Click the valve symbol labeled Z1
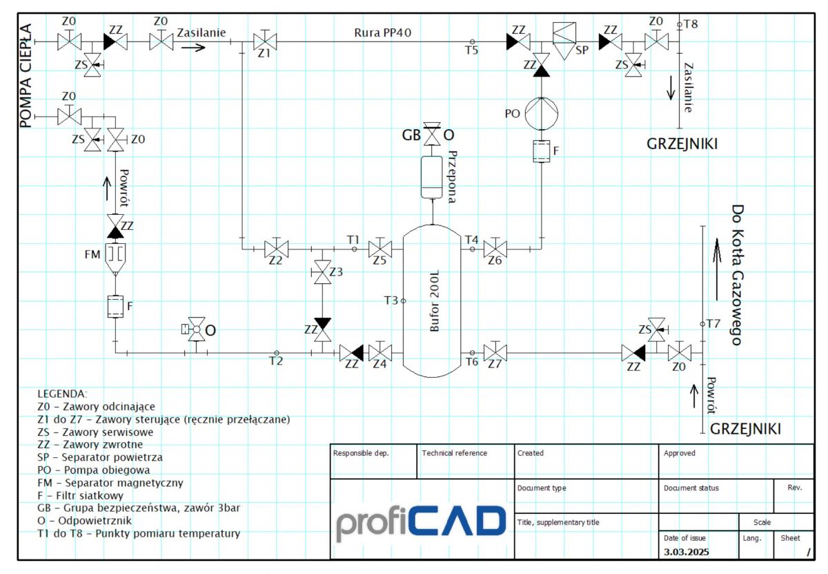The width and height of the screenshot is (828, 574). (265, 41)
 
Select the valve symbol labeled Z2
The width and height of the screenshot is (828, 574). (277, 249)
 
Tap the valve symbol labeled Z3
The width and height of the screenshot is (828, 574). (322, 272)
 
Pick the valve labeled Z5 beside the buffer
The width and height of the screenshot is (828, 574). (380, 249)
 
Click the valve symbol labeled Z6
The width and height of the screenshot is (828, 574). (495, 249)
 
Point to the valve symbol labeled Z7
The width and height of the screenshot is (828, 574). (495, 352)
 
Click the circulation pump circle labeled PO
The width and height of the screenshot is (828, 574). (542, 113)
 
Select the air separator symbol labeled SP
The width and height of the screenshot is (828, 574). (564, 41)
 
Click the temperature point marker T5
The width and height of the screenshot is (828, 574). (472, 42)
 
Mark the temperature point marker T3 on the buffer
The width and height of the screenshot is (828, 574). (403, 301)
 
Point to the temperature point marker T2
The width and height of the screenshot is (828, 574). (277, 353)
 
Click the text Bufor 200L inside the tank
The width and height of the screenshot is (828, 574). (434, 300)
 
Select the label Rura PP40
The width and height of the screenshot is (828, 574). (382, 32)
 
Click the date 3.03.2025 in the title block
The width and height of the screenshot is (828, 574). (686, 552)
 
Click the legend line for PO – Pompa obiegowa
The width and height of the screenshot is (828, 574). (94, 470)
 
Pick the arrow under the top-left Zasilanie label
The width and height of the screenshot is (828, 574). (193, 48)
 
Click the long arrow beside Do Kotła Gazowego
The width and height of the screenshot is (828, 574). (717, 269)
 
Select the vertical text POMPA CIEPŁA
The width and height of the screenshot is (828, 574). (26, 76)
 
